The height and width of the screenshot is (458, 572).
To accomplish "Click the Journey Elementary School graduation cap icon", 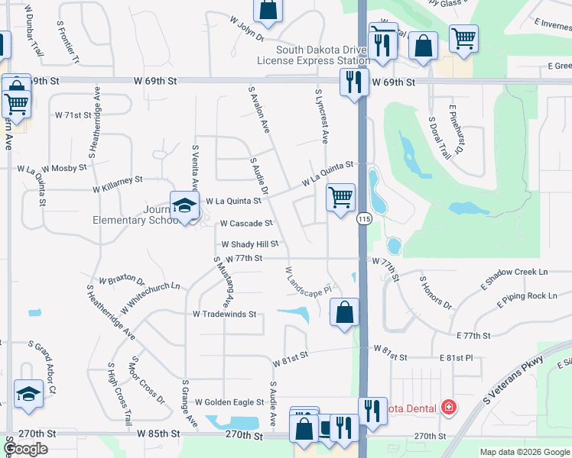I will (184, 205).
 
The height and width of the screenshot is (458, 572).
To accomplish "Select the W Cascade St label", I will (246, 224).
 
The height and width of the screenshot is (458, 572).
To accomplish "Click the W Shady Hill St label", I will (250, 244).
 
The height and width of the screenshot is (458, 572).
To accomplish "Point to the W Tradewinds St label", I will (224, 314).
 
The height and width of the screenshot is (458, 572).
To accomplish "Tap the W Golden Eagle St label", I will (227, 402).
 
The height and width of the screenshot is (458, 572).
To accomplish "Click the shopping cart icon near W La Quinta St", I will (340, 198).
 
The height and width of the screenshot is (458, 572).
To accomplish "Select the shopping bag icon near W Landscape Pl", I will (345, 311).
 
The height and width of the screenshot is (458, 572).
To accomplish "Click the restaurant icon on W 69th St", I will (353, 81).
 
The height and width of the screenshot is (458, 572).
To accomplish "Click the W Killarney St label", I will (118, 183).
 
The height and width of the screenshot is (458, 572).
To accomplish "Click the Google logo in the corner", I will (25, 449).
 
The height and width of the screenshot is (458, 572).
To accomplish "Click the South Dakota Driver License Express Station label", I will (317, 55).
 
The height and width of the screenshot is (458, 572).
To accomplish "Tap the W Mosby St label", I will (65, 166).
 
